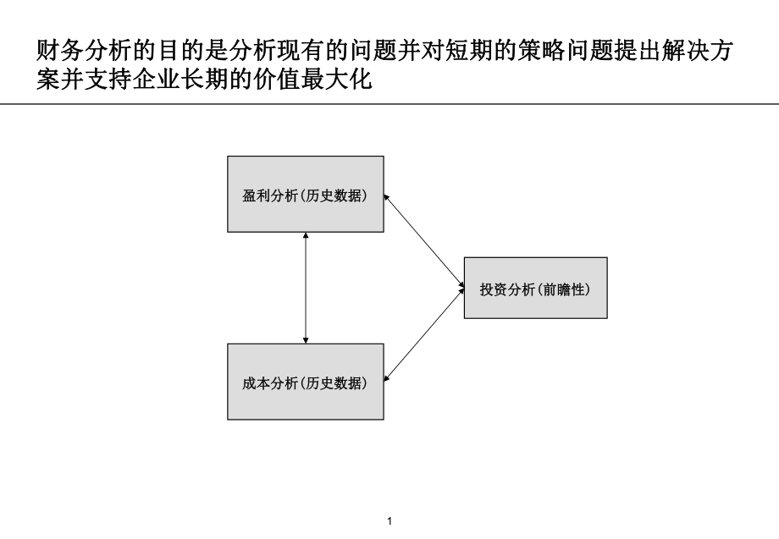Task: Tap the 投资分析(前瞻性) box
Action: pyautogui.click(x=535, y=288)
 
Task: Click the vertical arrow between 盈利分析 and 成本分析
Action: pyautogui.click(x=306, y=288)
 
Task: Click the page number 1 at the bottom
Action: pyautogui.click(x=389, y=521)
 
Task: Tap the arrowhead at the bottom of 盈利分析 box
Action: pyautogui.click(x=306, y=236)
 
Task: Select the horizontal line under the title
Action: pyautogui.click(x=389, y=104)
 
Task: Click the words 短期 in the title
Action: pyautogui.click(x=472, y=53)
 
